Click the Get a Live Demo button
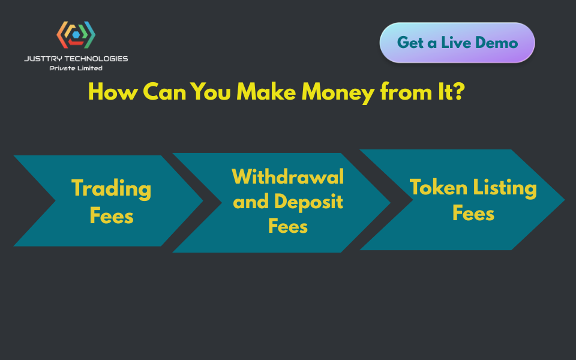457,43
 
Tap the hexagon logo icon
76,35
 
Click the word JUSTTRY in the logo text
43,59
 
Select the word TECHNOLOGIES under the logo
96,59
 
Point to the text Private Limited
76,68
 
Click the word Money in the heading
338,92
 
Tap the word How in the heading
113,91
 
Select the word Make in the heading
266,91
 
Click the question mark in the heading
459,91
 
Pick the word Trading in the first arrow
112,188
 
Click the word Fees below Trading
112,215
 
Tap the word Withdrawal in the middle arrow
288,176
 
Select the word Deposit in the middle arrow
308,202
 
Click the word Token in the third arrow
439,187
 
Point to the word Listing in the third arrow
505,188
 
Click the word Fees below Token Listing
473,213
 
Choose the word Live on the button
456,43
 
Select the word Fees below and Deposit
288,226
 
